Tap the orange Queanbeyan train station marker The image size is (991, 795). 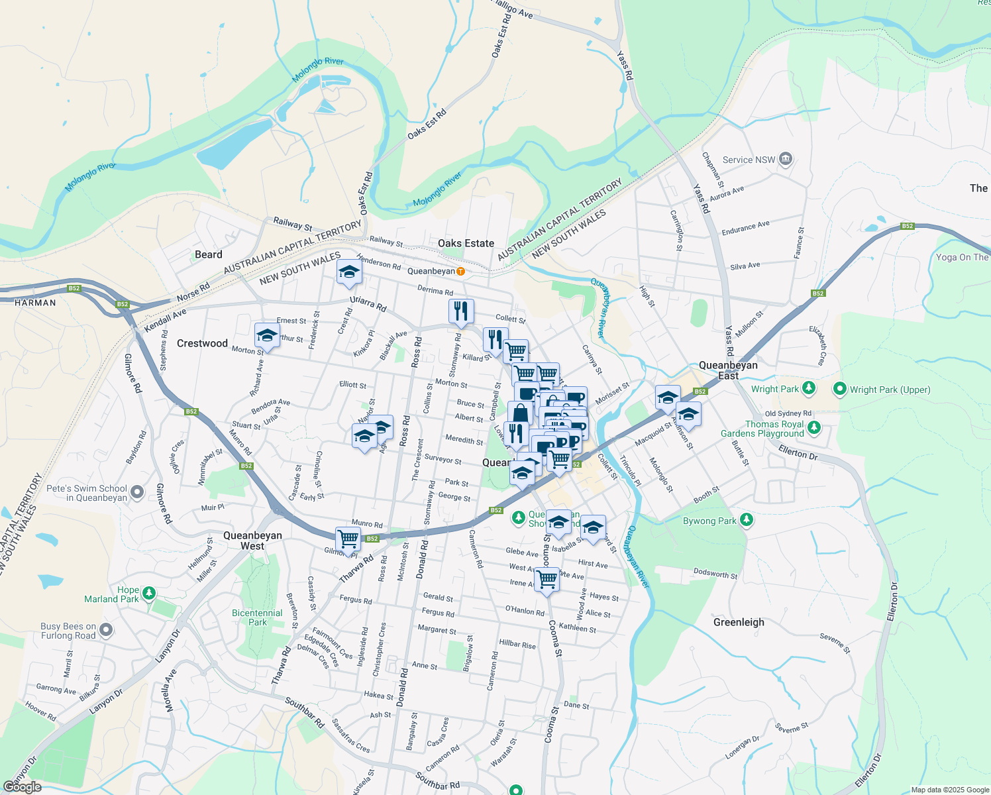[x=460, y=271]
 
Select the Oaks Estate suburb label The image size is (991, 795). [x=466, y=243]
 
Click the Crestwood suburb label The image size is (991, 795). [x=202, y=343]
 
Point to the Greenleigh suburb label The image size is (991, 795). [x=739, y=622]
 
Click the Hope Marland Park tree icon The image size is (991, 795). [x=149, y=593]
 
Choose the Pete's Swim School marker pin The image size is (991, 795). [x=137, y=492]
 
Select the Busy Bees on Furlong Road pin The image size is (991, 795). [x=106, y=629]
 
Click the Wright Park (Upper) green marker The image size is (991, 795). [x=840, y=389]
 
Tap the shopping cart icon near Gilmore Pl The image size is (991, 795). [x=348, y=539]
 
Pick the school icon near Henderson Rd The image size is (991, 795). [x=349, y=272]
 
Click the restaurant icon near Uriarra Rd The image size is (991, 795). [x=460, y=311]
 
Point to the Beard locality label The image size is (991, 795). [x=209, y=254]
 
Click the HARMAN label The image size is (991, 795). [x=35, y=303]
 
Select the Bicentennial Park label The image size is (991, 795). [x=257, y=617]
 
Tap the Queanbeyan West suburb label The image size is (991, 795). [x=252, y=541]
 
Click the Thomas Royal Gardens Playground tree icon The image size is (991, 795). [x=814, y=427]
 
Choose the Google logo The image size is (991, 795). [x=23, y=787]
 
